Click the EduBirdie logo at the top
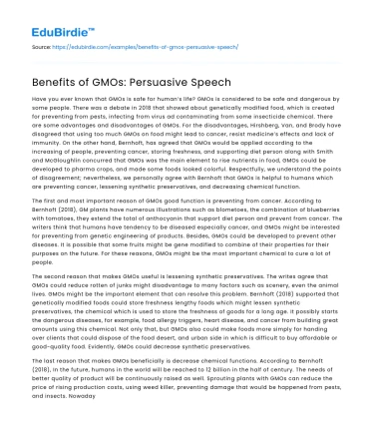coord(41,15)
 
